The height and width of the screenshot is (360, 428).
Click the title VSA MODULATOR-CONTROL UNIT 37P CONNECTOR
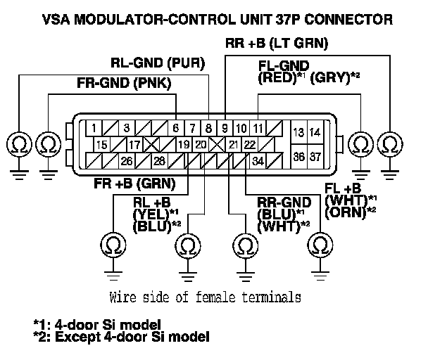[214, 20]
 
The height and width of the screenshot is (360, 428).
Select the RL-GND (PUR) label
[158, 63]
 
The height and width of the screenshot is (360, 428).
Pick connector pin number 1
[93, 129]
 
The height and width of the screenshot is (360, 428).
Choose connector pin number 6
[175, 129]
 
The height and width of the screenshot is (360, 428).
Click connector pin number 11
[258, 129]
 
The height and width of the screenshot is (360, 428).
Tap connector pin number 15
[101, 145]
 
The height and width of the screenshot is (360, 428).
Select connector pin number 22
[250, 145]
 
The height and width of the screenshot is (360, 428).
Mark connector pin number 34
[258, 161]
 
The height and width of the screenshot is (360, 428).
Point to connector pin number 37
[315, 156]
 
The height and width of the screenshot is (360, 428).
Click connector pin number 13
[298, 132]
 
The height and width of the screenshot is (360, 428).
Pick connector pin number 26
[126, 161]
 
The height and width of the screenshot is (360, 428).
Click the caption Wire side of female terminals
[206, 296]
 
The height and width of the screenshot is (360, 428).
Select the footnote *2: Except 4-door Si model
[121, 337]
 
